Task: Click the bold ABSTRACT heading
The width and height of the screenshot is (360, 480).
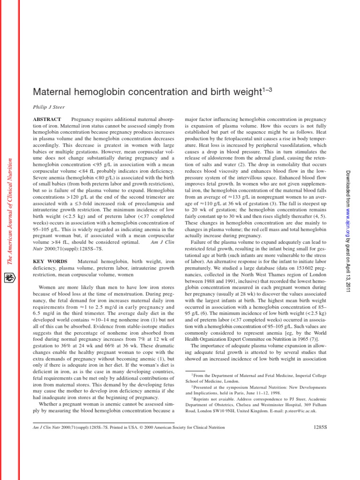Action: coord(47,120)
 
